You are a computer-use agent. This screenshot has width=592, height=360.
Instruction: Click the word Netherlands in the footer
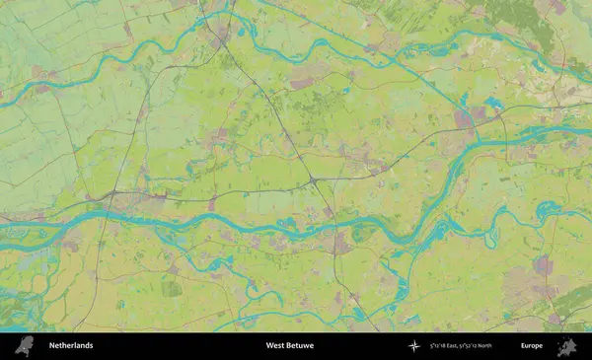click(71, 345)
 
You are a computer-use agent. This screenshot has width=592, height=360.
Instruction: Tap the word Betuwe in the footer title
click(300, 345)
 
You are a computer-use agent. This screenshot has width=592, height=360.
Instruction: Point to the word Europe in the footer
click(532, 345)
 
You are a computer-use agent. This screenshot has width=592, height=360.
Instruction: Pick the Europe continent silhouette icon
click(566, 345)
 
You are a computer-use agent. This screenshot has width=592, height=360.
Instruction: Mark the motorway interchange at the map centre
click(312, 180)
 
